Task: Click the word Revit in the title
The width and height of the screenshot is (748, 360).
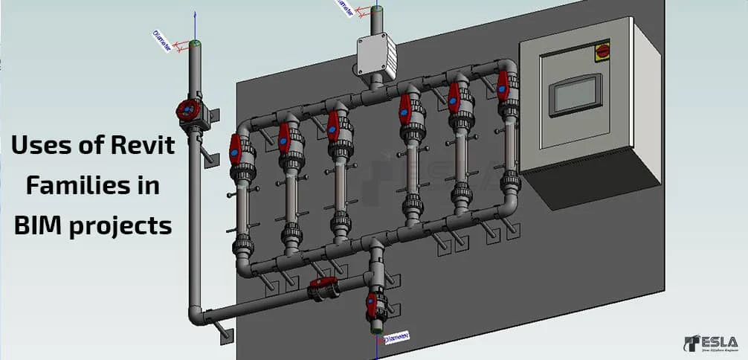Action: click(x=141, y=146)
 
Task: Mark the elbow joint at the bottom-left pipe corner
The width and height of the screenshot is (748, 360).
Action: click(x=197, y=314)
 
